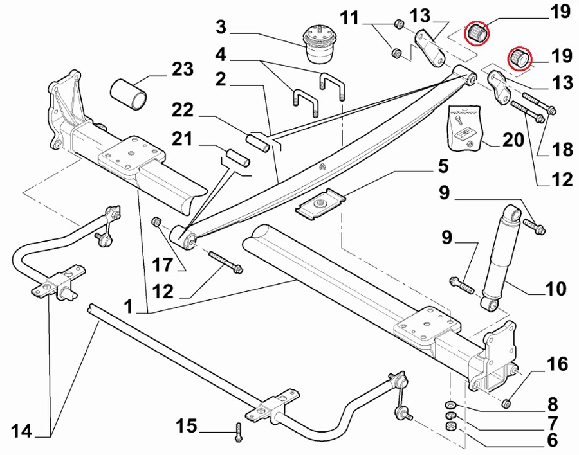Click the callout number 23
(183, 69)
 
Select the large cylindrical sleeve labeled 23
(129, 94)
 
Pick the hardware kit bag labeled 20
(463, 128)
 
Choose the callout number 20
(513, 140)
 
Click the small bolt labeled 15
(238, 432)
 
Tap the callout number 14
(22, 431)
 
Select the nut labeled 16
(506, 404)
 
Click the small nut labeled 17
(156, 222)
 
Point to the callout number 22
(182, 110)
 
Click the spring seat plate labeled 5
(320, 204)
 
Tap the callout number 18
(562, 149)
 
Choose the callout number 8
(553, 404)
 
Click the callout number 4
(221, 55)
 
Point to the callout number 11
(349, 17)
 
